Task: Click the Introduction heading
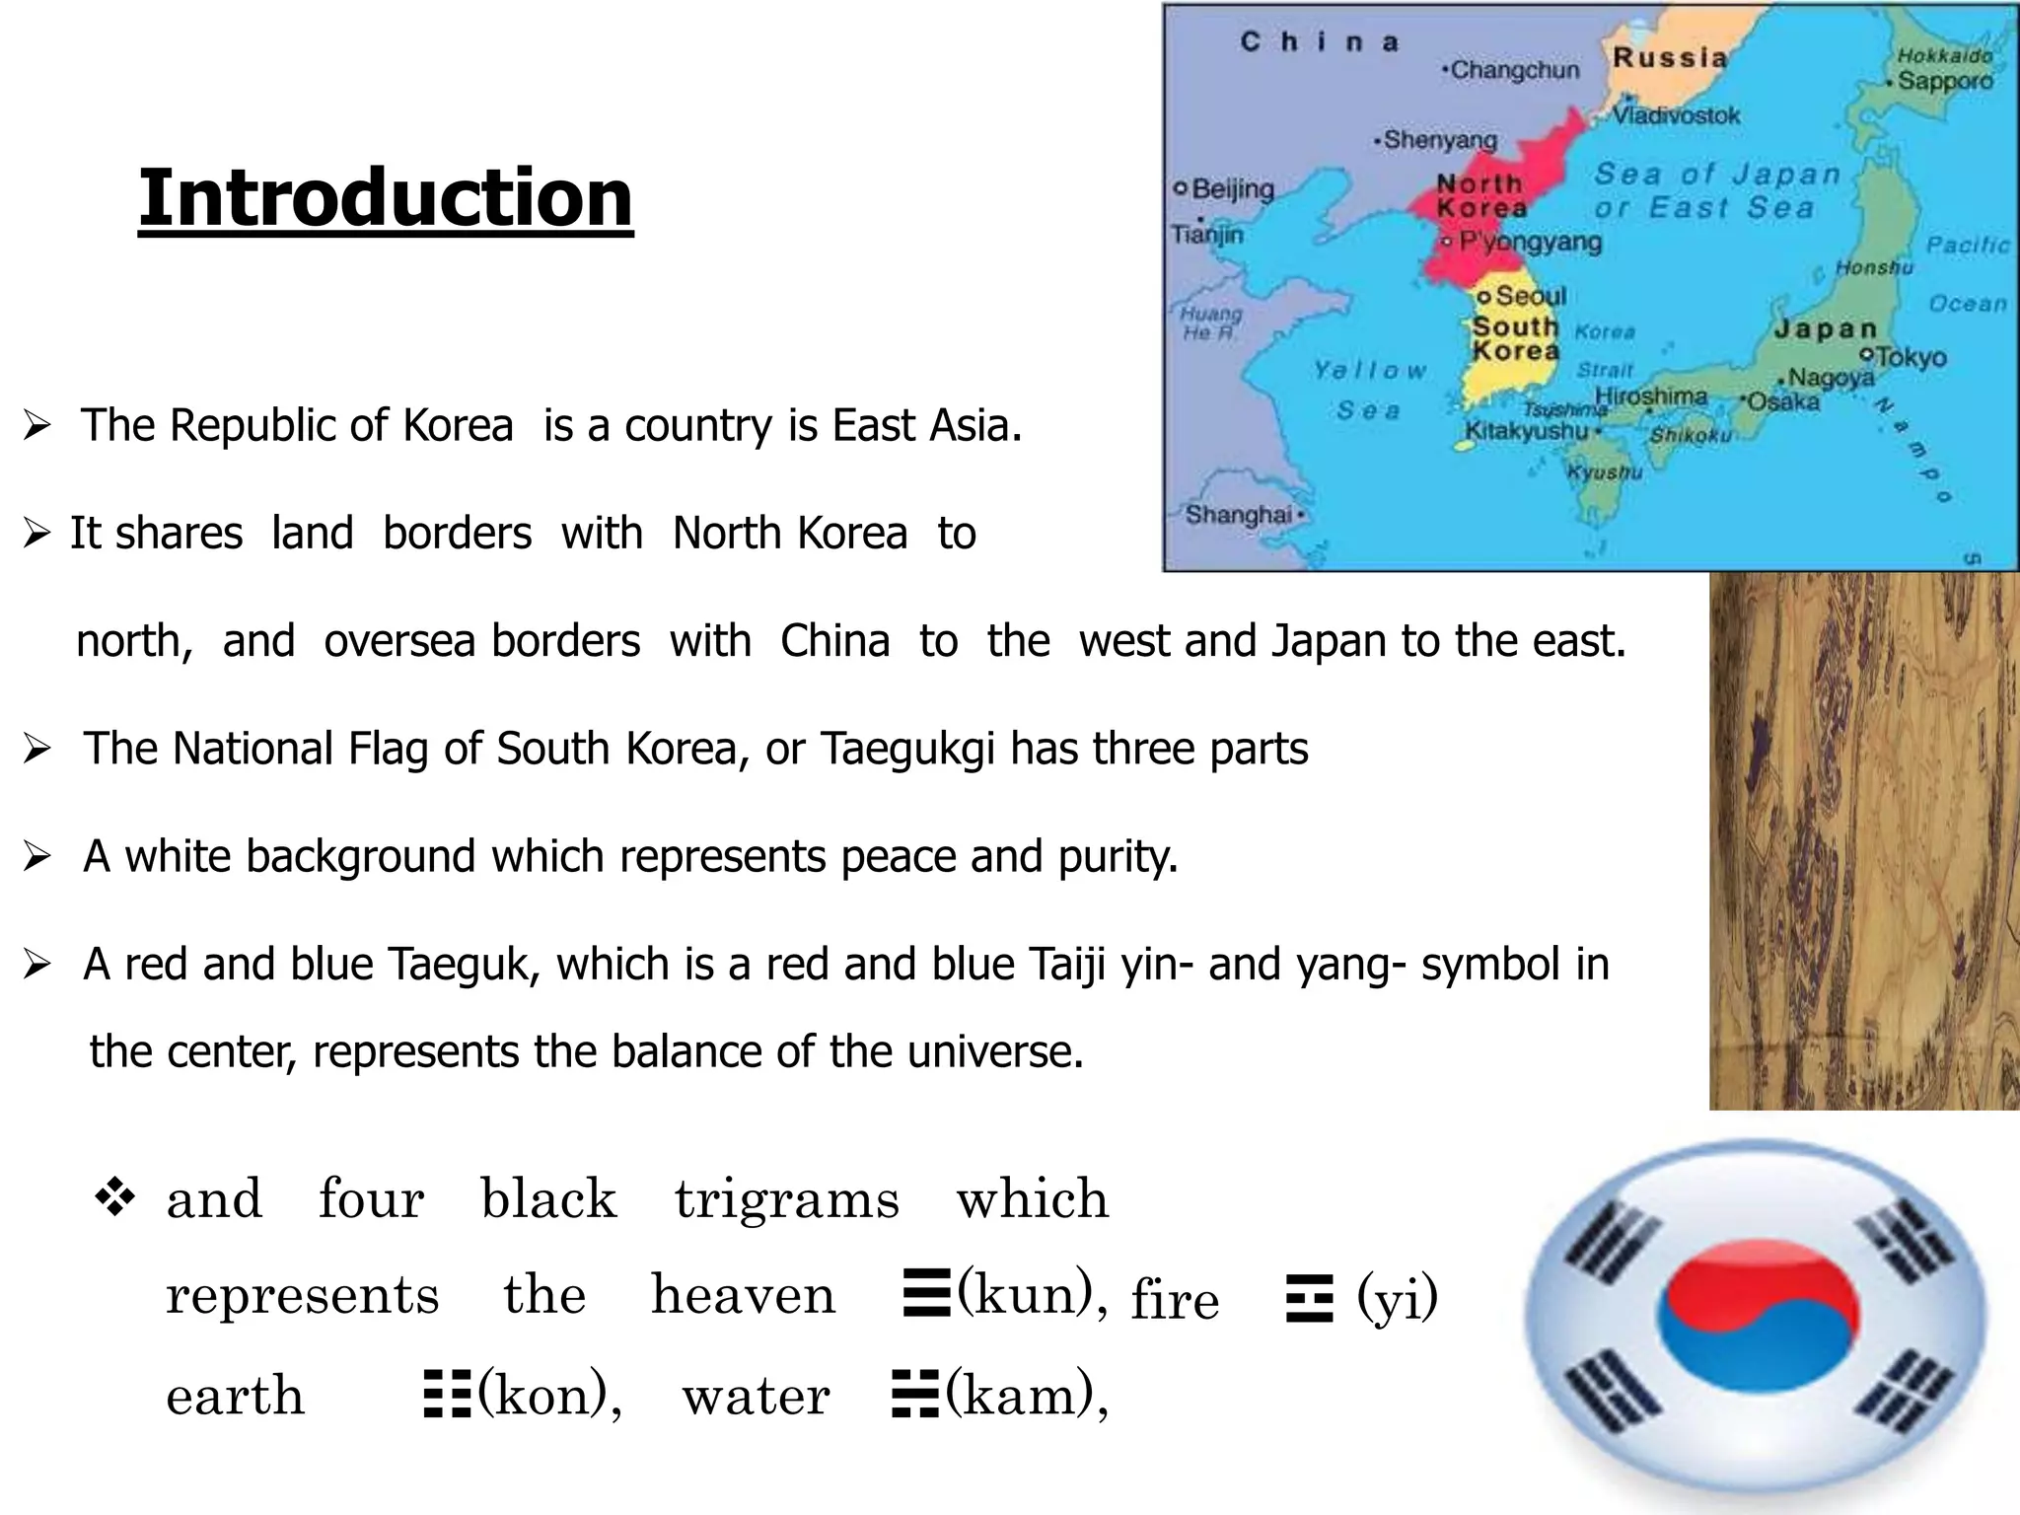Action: pyautogui.click(x=386, y=197)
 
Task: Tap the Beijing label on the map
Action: pyautogui.click(x=1232, y=188)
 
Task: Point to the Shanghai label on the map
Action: pyautogui.click(x=1239, y=514)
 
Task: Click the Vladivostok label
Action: pyautogui.click(x=1676, y=115)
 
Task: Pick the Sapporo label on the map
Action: pyautogui.click(x=1945, y=81)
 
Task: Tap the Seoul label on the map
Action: pyautogui.click(x=1530, y=296)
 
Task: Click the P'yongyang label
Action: pyautogui.click(x=1530, y=242)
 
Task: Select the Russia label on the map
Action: pyautogui.click(x=1670, y=58)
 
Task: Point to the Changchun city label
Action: pyautogui.click(x=1515, y=70)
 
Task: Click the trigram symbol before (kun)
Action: pyautogui.click(x=926, y=1294)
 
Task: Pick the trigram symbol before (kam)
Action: pyautogui.click(x=914, y=1395)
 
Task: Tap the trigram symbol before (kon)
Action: pyautogui.click(x=447, y=1395)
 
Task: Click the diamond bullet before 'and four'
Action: pyautogui.click(x=114, y=1198)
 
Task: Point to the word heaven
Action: pyautogui.click(x=743, y=1295)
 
